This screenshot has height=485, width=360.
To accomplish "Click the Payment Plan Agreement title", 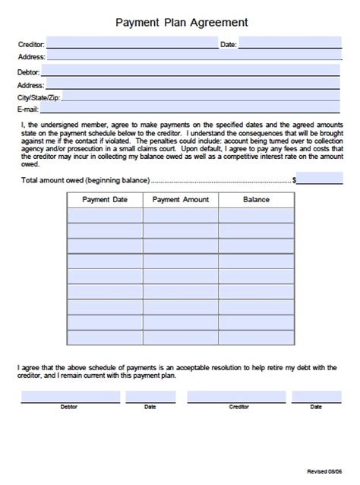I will [181, 24].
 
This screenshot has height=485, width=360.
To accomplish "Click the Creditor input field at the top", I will [132, 44].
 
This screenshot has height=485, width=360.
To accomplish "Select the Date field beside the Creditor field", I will [289, 44].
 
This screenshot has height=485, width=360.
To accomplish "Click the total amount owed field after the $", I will [320, 179].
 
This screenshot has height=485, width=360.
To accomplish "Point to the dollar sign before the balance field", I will [295, 181].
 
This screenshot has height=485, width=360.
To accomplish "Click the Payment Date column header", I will [105, 200].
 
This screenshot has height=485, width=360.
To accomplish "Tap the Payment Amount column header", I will [180, 200].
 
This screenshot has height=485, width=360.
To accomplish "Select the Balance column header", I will [256, 200].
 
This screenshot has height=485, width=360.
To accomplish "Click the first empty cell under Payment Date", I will [105, 215].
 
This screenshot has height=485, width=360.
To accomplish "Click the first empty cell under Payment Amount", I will [180, 215].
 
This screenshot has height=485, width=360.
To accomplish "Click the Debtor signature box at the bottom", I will [70, 396].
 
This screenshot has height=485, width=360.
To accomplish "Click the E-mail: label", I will [28, 110].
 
